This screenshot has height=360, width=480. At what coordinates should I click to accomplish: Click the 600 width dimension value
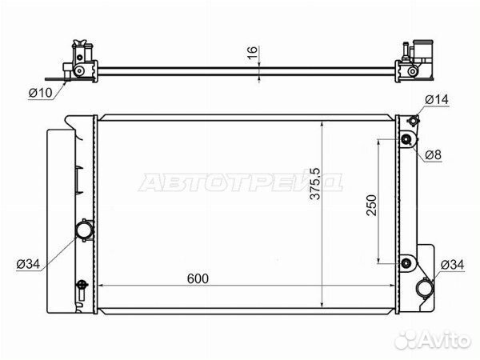[x=198, y=278]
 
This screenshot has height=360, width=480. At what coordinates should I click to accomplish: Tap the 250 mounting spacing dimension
[x=371, y=205]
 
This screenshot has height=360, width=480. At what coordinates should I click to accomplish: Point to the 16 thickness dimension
[x=252, y=53]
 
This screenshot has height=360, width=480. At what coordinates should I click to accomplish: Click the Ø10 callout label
[x=41, y=93]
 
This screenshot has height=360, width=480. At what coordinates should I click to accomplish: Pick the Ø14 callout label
[x=437, y=99]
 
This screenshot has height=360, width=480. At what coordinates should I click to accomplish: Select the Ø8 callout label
[x=433, y=155]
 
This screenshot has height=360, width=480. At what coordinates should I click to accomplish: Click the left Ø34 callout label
[x=28, y=263]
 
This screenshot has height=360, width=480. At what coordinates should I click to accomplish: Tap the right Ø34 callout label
[x=452, y=265]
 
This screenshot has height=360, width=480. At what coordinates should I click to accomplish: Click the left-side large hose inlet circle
[x=84, y=230]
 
